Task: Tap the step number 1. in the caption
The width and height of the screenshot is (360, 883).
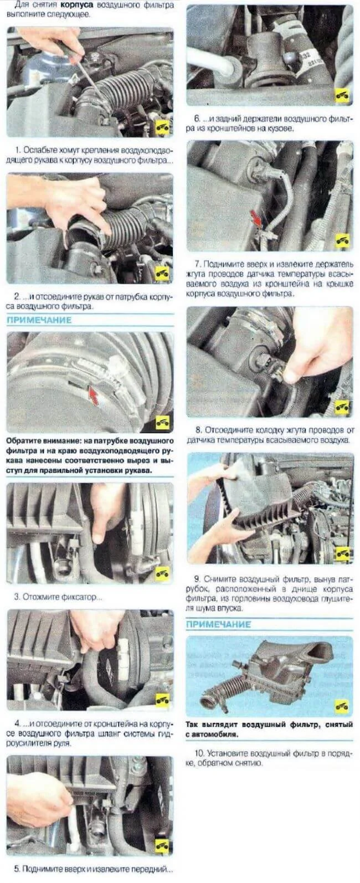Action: pos(18,150)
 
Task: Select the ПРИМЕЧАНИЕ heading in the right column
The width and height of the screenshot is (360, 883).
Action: pos(218,624)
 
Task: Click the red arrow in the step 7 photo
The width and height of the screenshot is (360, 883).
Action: pos(256,217)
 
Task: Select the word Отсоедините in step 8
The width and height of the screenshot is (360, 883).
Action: pos(228,430)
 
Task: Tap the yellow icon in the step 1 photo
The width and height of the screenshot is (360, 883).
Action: pos(162,127)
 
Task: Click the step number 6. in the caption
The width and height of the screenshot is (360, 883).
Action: pos(197,119)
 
